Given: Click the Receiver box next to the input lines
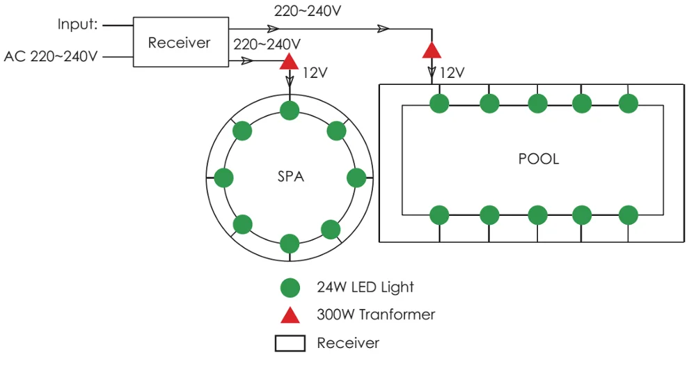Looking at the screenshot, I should (x=180, y=43).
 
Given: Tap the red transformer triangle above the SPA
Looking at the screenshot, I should (x=289, y=62).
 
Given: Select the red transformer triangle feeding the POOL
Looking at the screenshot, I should (x=432, y=51).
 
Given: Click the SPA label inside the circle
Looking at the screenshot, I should (x=291, y=177).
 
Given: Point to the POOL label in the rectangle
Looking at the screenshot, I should (x=539, y=159).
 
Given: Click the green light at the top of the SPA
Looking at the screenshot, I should (x=290, y=109).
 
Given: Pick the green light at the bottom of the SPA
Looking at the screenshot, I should (x=290, y=244).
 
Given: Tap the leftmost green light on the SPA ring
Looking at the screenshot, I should (x=223, y=177).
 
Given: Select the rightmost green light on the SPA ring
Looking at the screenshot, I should (x=356, y=177).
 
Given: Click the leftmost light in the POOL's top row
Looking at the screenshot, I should (x=439, y=104).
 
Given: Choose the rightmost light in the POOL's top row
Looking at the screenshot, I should (x=628, y=104).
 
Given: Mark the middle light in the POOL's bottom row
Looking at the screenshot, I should (x=537, y=214).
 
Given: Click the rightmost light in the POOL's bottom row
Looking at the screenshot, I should (x=628, y=214).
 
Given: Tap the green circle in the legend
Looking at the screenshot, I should (x=290, y=287).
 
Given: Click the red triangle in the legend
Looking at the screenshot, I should (x=290, y=315).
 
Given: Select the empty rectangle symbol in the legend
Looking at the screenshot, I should (x=290, y=343).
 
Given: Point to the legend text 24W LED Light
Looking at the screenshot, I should (x=365, y=287).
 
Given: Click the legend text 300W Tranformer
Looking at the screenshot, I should (x=376, y=315).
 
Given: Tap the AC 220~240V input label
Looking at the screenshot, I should (x=51, y=56).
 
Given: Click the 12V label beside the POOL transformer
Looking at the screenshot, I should (x=452, y=72).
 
